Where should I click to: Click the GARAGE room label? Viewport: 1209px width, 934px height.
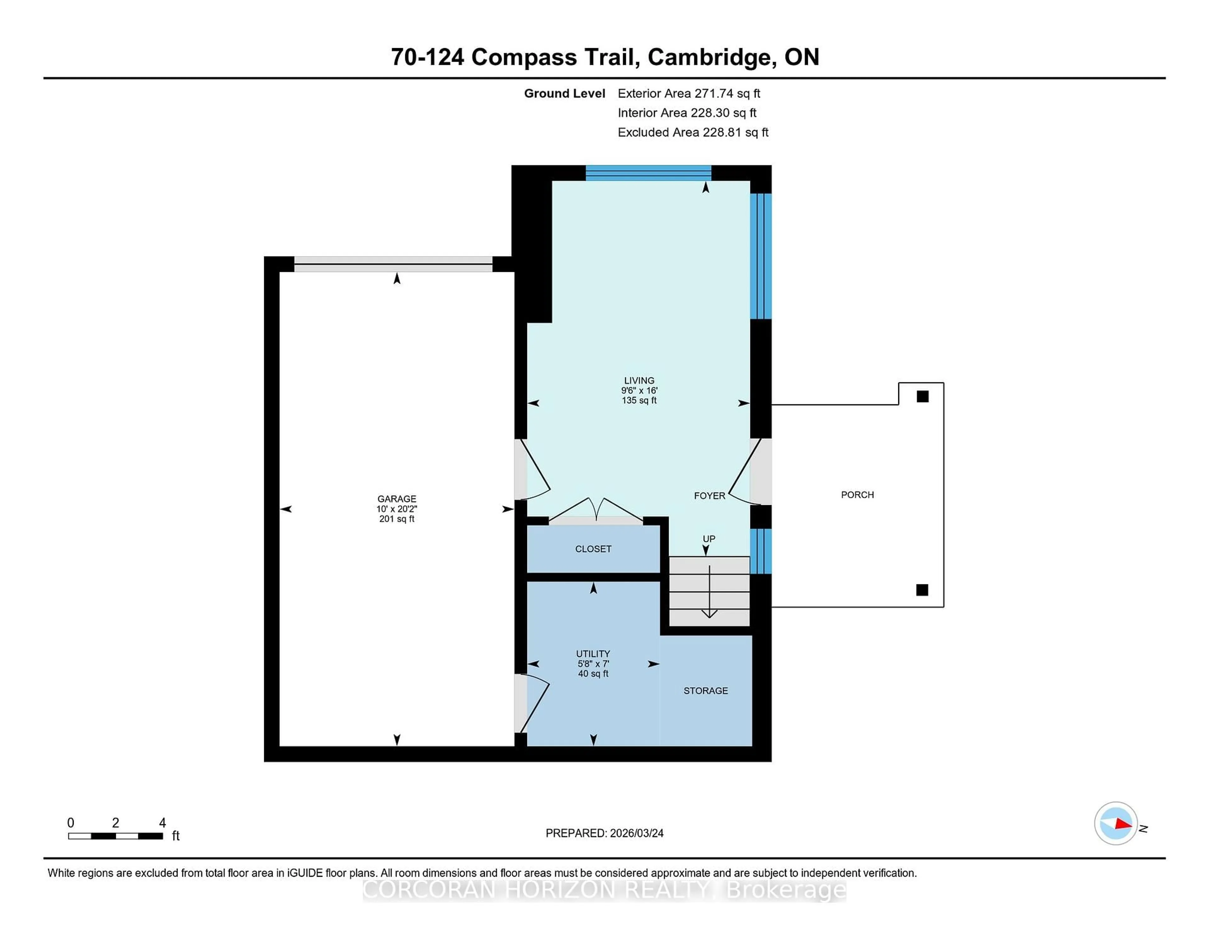click(396, 498)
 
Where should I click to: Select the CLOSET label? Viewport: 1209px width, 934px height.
click(593, 549)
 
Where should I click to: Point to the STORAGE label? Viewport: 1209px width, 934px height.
click(705, 690)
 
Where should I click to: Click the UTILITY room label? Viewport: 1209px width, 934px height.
click(593, 654)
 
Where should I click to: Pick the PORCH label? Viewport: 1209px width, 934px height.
click(857, 495)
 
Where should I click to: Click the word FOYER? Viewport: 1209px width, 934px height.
click(709, 496)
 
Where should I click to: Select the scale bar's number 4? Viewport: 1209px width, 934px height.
click(162, 823)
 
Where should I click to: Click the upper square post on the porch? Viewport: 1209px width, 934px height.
click(922, 396)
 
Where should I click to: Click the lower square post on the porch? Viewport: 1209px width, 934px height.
click(922, 590)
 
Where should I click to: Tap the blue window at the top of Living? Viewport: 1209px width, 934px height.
click(648, 173)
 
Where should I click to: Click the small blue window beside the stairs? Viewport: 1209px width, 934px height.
click(761, 551)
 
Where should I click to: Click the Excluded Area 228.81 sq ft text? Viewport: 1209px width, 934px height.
click(693, 132)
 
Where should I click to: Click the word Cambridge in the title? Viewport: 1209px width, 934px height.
click(709, 57)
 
